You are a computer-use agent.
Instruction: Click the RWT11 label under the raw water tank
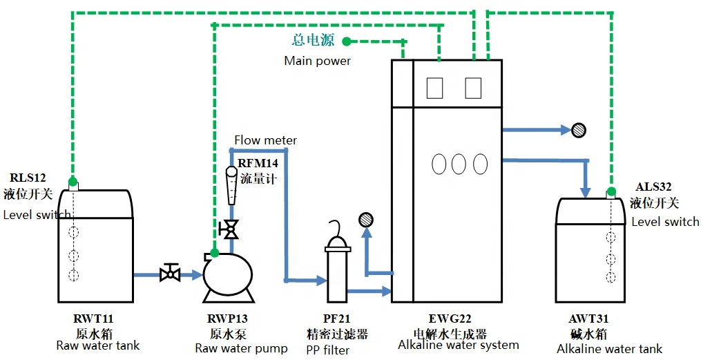click(93, 319)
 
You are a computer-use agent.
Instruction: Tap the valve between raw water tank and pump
click(169, 274)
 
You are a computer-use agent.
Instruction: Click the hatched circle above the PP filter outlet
click(366, 220)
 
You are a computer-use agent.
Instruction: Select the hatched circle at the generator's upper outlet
click(579, 129)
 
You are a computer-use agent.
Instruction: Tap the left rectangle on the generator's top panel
click(434, 88)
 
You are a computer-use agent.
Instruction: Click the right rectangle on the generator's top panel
click(473, 88)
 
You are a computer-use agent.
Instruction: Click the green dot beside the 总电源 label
click(347, 41)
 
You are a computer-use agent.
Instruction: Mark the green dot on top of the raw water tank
click(73, 182)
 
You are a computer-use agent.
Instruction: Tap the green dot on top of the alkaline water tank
click(611, 191)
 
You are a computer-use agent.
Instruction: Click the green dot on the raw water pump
click(215, 253)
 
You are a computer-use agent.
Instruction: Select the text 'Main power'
click(317, 61)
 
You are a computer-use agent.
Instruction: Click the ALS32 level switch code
click(653, 187)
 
